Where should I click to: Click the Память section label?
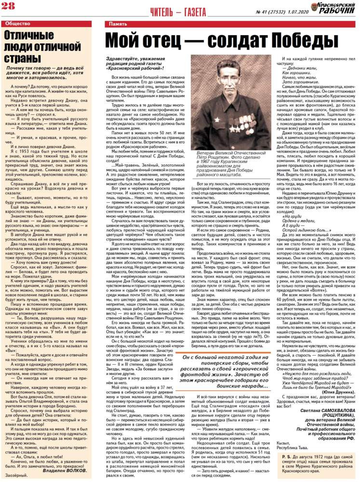118,24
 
